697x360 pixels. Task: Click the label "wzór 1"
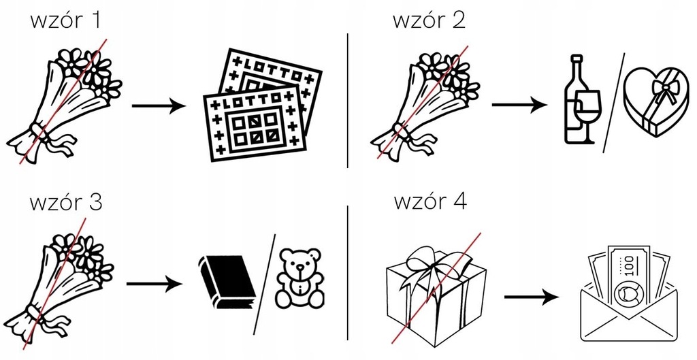click(65, 20)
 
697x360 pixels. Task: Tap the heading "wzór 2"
click(429, 20)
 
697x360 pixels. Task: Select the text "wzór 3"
click(66, 202)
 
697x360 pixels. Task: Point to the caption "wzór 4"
click(430, 201)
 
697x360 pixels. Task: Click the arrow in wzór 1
click(159, 106)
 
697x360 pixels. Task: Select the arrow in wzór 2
click(519, 105)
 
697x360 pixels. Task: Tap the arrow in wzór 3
click(155, 284)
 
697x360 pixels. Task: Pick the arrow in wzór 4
click(531, 297)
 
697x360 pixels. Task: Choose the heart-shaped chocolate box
click(653, 102)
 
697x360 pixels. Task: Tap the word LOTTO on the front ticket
click(251, 102)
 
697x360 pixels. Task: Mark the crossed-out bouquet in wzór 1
click(64, 103)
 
